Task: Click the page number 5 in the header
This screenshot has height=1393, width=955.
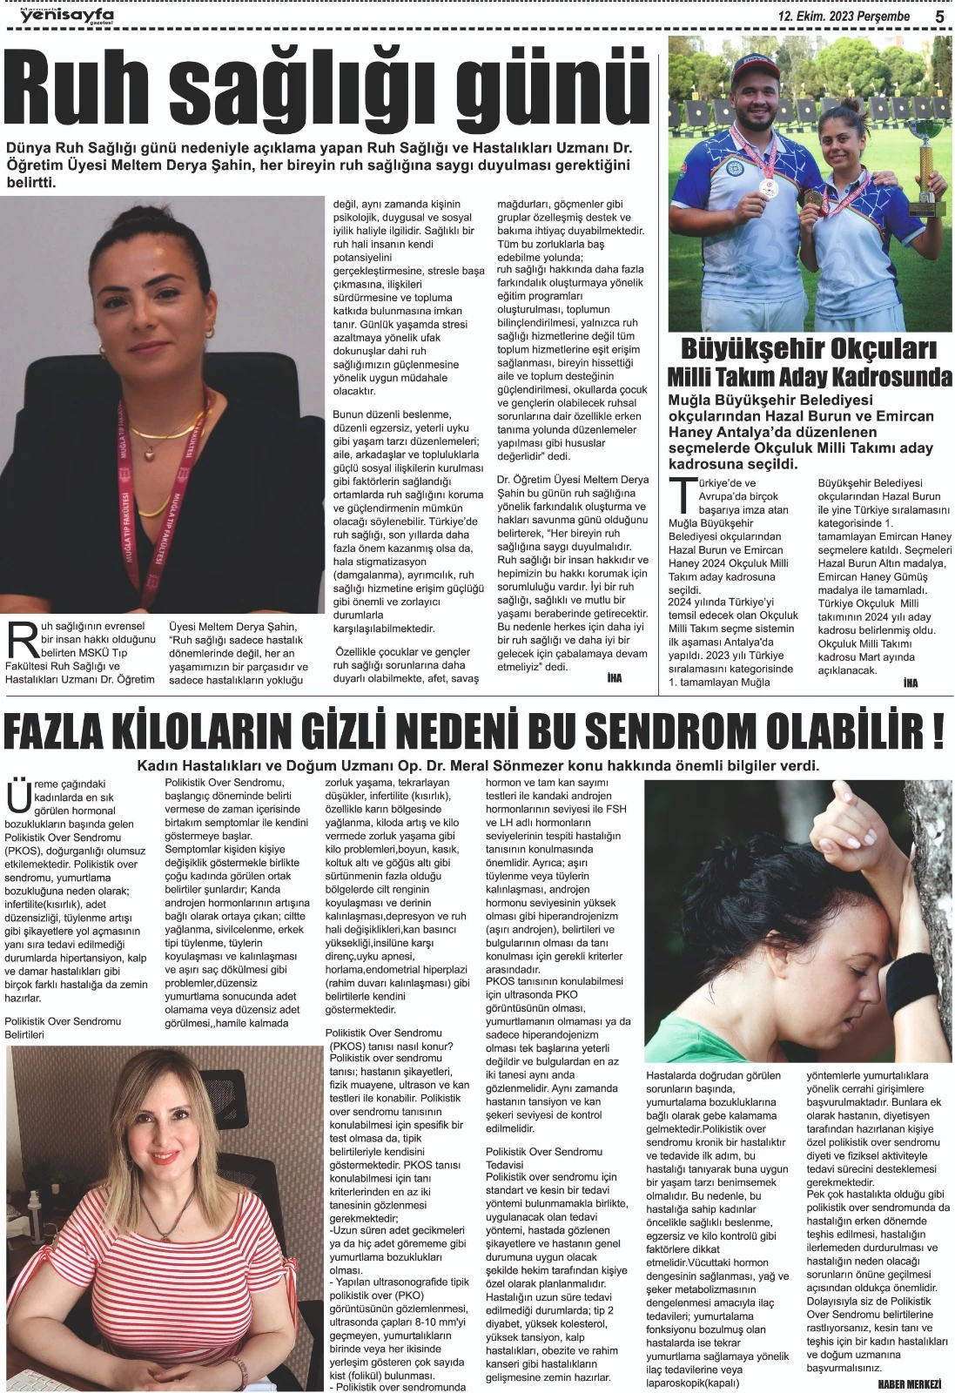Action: click(x=939, y=16)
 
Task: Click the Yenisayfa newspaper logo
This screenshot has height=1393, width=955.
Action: click(x=67, y=15)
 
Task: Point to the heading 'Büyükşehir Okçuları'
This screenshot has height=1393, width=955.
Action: click(x=809, y=350)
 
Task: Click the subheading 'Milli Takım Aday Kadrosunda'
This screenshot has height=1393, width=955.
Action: click(x=809, y=378)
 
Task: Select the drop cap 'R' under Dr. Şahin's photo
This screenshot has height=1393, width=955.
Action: click(x=19, y=639)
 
